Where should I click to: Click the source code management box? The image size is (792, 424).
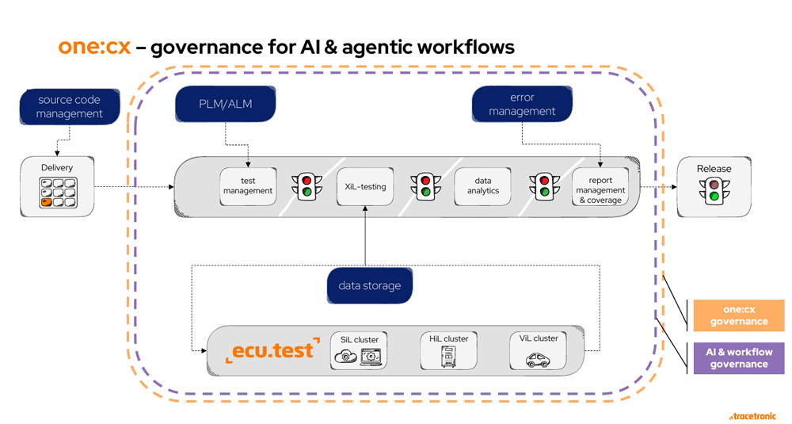(70, 106)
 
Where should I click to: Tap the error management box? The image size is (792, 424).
(522, 105)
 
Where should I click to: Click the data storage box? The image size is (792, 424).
(370, 285)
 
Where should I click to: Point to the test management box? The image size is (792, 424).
(248, 186)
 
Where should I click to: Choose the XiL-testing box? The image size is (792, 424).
(365, 187)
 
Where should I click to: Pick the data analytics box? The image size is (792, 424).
(483, 186)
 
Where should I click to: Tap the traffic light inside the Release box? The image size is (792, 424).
(714, 191)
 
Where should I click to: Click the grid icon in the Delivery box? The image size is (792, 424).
(59, 193)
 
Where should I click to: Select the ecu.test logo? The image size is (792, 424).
(272, 350)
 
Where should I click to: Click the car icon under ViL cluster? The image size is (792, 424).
(539, 360)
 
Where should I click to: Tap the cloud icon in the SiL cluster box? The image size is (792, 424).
(346, 357)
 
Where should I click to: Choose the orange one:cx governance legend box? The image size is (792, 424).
(738, 315)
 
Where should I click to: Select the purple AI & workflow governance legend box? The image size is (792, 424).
(738, 358)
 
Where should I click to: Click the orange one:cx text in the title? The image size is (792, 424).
(94, 47)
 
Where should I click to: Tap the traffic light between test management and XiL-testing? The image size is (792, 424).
(307, 187)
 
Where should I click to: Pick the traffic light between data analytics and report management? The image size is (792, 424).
(544, 187)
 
